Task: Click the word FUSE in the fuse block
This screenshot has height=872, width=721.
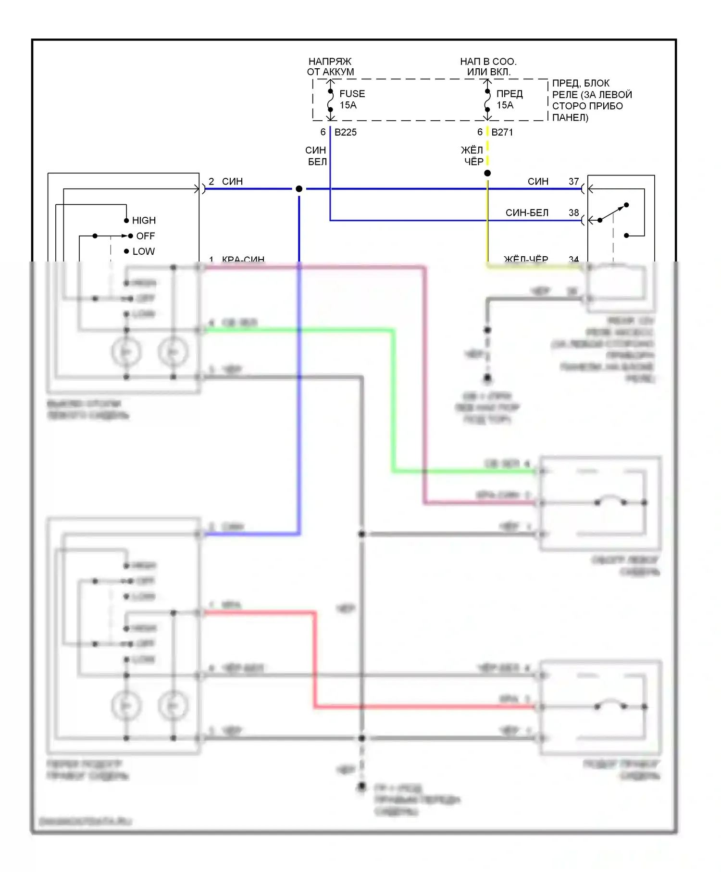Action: pyautogui.click(x=352, y=94)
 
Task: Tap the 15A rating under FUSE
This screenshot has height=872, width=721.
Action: pyautogui.click(x=348, y=105)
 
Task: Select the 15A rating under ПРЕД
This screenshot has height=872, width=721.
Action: pyautogui.click(x=505, y=105)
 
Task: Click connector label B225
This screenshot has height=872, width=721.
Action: pyautogui.click(x=346, y=132)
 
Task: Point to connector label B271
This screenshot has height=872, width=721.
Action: pyautogui.click(x=502, y=132)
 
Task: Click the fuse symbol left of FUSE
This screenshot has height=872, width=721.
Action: pyautogui.click(x=330, y=100)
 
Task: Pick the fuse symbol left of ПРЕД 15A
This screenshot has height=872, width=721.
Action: pyautogui.click(x=487, y=100)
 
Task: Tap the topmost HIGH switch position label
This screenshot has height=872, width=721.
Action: pyautogui.click(x=144, y=221)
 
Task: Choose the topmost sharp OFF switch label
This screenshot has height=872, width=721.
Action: pyautogui.click(x=145, y=236)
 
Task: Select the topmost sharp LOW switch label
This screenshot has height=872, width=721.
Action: pyautogui.click(x=143, y=251)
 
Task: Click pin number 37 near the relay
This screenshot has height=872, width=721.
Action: pyautogui.click(x=573, y=182)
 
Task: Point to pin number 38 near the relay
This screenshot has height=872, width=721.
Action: pyautogui.click(x=573, y=212)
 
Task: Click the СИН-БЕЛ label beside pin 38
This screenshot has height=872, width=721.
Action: pyautogui.click(x=527, y=212)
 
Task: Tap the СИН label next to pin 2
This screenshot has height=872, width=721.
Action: pyautogui.click(x=232, y=182)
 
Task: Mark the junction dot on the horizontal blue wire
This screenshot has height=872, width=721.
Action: pyautogui.click(x=299, y=189)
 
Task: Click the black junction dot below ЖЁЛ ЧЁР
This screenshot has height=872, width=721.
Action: pyautogui.click(x=487, y=173)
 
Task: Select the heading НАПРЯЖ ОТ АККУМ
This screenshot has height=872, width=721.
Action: pyautogui.click(x=330, y=66)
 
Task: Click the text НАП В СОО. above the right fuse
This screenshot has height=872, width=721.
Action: pyautogui.click(x=488, y=62)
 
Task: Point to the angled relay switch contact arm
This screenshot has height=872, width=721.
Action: pyautogui.click(x=613, y=212)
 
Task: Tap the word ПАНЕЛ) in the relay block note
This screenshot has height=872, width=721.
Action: pyautogui.click(x=570, y=118)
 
